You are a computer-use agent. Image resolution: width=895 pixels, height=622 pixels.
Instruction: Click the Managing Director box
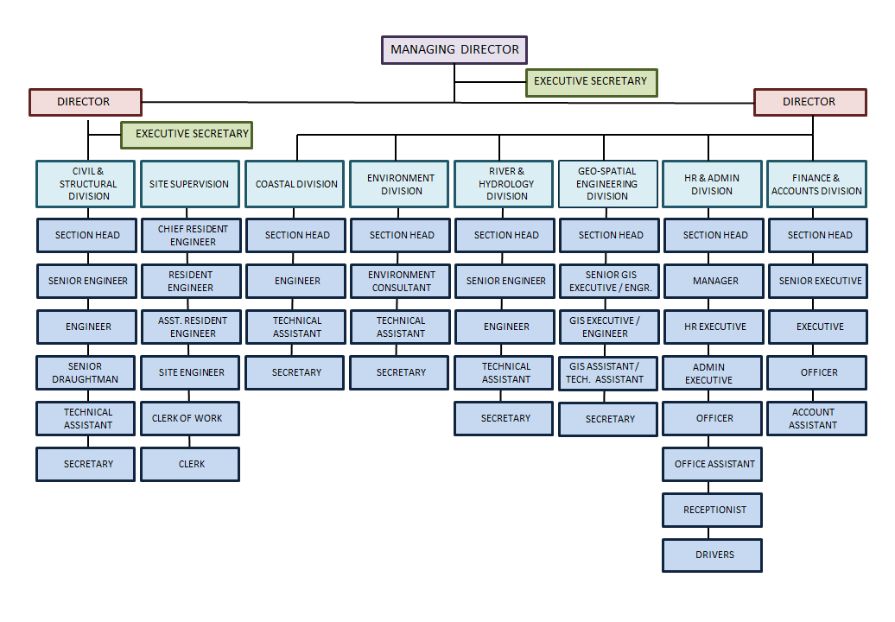pyautogui.click(x=454, y=50)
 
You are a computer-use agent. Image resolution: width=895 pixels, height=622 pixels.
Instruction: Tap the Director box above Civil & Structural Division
pyautogui.click(x=86, y=102)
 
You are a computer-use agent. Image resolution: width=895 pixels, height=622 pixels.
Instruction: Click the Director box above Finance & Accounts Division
pyautogui.click(x=810, y=102)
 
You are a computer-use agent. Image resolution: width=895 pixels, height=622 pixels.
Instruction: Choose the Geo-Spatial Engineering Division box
pyautogui.click(x=608, y=184)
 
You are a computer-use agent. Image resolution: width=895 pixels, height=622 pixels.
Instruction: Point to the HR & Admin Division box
pyautogui.click(x=713, y=184)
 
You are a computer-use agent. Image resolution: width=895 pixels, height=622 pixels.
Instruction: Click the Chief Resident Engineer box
pyautogui.click(x=191, y=235)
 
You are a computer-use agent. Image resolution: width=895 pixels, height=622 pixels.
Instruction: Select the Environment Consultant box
pyautogui.click(x=400, y=281)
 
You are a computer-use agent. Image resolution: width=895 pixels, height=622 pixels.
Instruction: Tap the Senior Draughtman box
pyautogui.click(x=86, y=372)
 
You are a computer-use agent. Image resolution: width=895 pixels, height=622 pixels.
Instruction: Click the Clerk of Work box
pyautogui.click(x=190, y=418)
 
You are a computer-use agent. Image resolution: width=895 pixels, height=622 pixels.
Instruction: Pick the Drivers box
pyautogui.click(x=713, y=555)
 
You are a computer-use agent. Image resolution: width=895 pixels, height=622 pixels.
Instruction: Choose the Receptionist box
pyautogui.click(x=713, y=511)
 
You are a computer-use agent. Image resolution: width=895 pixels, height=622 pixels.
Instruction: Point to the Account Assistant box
pyautogui.click(x=816, y=418)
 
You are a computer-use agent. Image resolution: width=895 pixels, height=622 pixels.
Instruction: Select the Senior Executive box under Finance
pyautogui.click(x=818, y=281)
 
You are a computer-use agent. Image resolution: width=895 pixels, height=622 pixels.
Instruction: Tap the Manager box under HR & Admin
pyautogui.click(x=714, y=281)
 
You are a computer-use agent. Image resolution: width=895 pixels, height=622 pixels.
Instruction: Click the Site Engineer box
pyautogui.click(x=190, y=372)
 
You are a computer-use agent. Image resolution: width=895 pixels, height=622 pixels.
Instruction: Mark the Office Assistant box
pyautogui.click(x=713, y=465)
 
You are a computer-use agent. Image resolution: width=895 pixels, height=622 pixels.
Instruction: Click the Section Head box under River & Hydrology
pyautogui.click(x=505, y=235)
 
